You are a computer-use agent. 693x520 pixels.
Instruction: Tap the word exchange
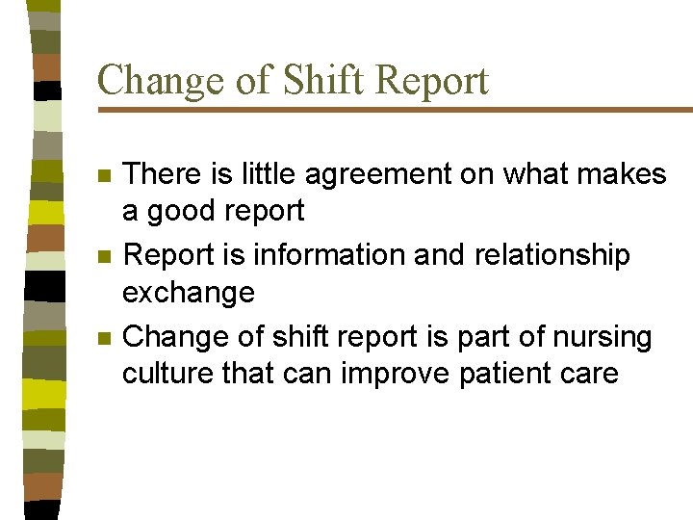click(189, 293)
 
